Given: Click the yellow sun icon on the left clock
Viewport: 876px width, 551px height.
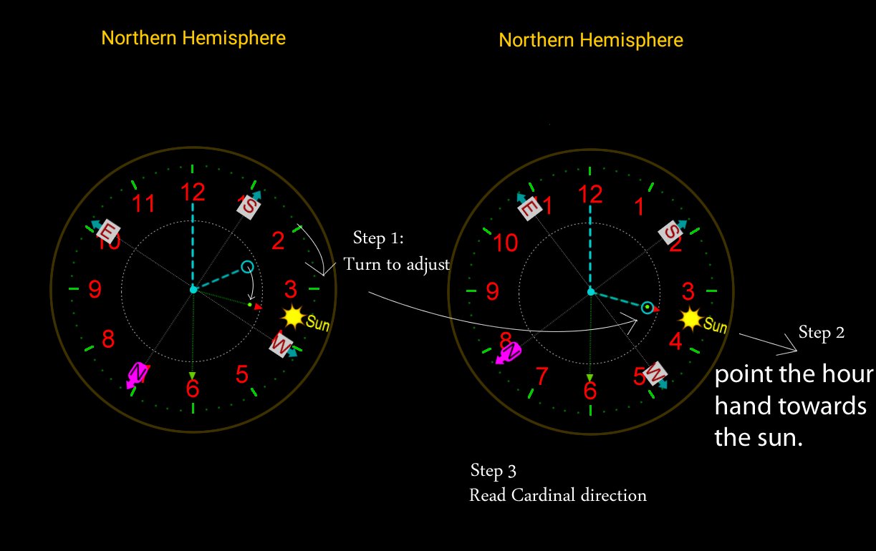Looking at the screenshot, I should (x=292, y=316).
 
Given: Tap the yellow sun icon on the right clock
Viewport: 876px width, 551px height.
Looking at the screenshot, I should (x=690, y=318).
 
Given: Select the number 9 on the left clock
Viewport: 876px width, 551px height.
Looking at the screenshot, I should (x=95, y=290).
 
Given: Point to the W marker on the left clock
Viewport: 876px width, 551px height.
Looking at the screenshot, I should (x=282, y=346).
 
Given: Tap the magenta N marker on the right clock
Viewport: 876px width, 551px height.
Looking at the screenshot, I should (x=511, y=351).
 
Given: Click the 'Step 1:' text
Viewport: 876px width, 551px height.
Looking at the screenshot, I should (x=379, y=238).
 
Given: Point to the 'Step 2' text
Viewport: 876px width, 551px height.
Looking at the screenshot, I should (x=822, y=332).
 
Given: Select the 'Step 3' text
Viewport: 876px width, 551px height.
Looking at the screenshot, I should (x=493, y=471).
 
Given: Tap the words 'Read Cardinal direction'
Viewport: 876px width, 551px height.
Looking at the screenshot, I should (x=558, y=495).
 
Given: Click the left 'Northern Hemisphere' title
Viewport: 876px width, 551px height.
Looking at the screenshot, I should (x=193, y=38).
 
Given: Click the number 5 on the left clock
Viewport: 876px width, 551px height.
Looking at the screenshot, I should (x=241, y=374).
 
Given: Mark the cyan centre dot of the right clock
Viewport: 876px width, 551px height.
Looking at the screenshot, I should (x=590, y=291).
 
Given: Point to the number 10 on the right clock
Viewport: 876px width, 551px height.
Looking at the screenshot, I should (x=506, y=243).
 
